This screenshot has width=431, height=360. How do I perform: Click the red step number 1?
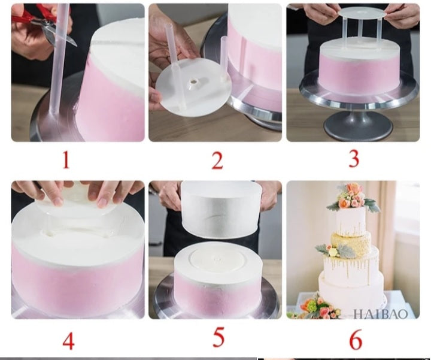pos(66,161)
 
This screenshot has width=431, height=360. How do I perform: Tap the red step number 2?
pos(217,161)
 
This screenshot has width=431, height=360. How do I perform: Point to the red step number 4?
pos(68,341)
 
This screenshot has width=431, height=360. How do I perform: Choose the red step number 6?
pos(356,340)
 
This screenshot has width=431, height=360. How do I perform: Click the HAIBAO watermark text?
pos(381,314)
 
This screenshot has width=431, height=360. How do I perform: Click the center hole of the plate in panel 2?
pos(195,82)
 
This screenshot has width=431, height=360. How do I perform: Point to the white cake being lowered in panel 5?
pos(220,209)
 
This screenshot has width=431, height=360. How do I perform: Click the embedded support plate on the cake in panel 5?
pos(218,261)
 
